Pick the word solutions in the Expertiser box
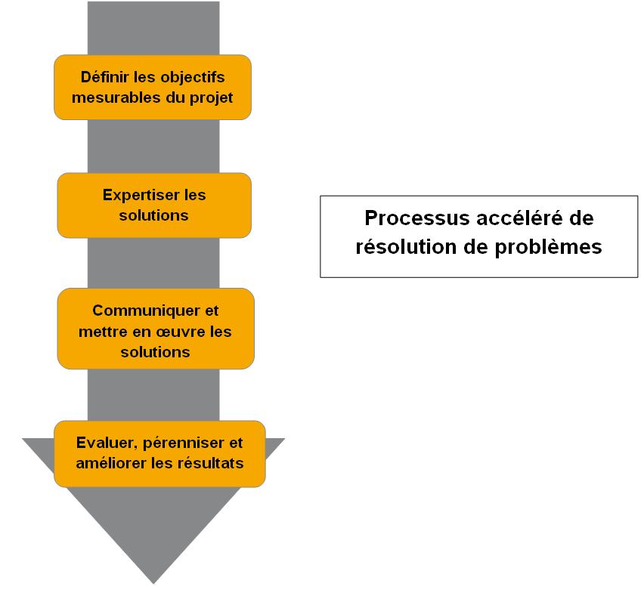tap(154, 215)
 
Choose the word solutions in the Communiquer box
tap(156, 352)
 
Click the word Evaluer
tap(103, 443)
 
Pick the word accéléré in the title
tap(525, 218)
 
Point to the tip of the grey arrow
tap(153, 582)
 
